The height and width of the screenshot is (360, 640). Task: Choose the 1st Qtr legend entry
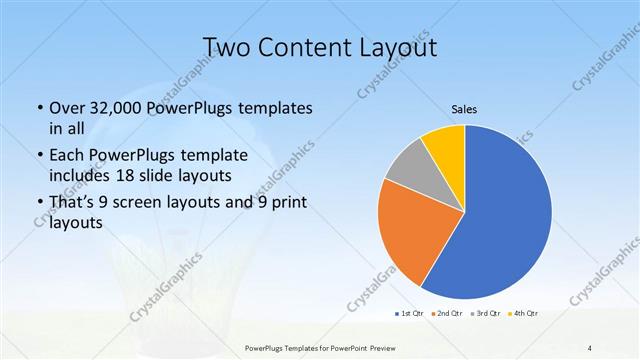[x=411, y=314]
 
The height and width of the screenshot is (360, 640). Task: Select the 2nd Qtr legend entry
[x=450, y=314]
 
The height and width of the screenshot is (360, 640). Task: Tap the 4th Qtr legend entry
[x=526, y=314]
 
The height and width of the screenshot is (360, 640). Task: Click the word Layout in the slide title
[x=384, y=47]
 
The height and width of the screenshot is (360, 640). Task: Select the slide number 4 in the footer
[x=590, y=347]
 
